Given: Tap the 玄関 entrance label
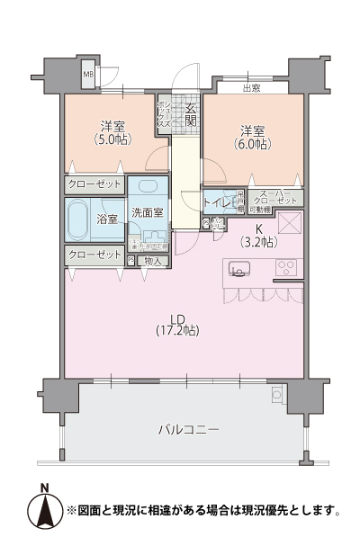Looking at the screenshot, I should click(x=191, y=112).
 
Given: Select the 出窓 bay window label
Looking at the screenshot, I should click(x=251, y=87).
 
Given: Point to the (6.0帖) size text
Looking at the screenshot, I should click(x=251, y=143).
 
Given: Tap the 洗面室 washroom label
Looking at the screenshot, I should click(x=147, y=213).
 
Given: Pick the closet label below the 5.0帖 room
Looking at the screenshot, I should click(x=94, y=183).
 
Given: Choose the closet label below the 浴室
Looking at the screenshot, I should click(x=94, y=255).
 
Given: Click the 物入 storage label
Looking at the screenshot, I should click(x=153, y=261).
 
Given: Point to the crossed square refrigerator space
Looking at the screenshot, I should click(x=289, y=223).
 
